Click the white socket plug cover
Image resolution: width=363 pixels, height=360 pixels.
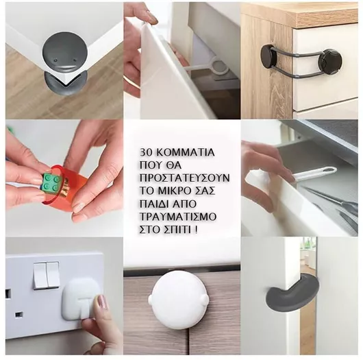point(79,298)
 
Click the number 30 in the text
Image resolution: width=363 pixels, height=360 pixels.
point(145,152)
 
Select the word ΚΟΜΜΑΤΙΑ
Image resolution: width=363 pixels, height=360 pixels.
point(184,152)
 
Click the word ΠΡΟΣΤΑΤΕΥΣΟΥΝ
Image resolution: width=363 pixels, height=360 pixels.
point(184,178)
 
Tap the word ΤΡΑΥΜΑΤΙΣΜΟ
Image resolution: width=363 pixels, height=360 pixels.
point(178,217)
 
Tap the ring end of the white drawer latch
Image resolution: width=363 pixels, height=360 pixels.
point(221,67)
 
